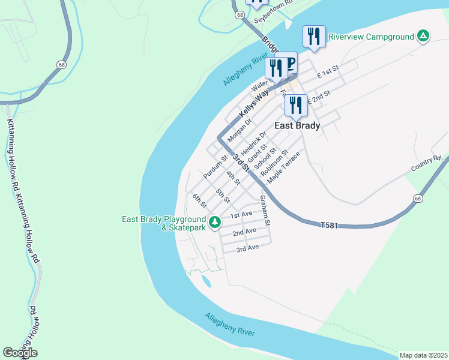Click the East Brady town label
coord(297,126)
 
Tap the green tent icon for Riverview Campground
coord(423,37)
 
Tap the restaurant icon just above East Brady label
coord(296,106)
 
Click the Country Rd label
coord(426,164)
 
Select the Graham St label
coord(265,211)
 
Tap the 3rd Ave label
coord(247,248)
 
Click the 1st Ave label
coord(241,214)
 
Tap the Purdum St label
coord(215,167)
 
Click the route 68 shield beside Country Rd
coord(417,198)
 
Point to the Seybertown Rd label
coord(273,13)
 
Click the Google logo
coord(20,353)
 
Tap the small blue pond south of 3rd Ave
coord(206,280)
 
